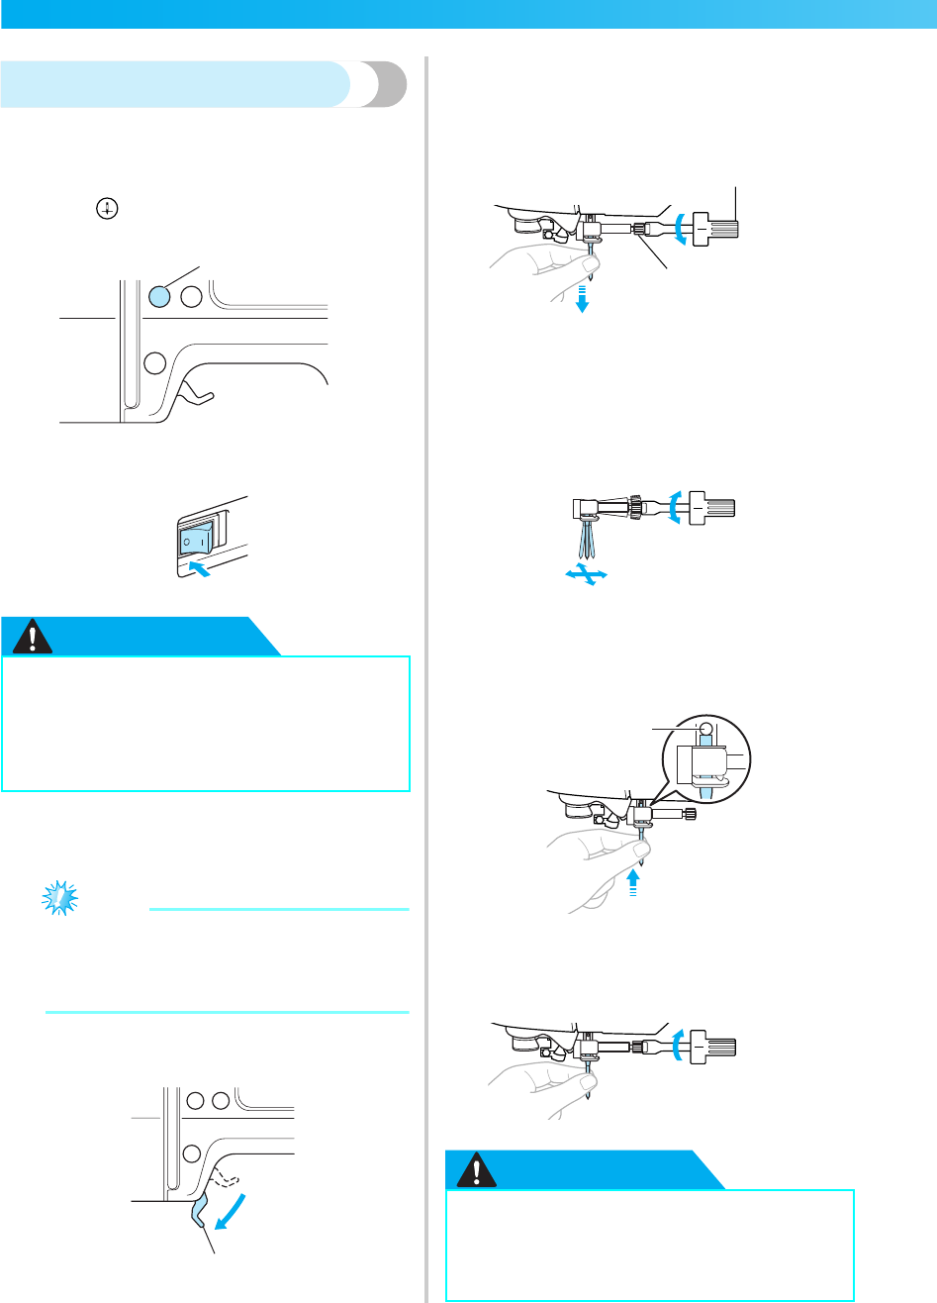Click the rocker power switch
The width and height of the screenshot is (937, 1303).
[x=192, y=541]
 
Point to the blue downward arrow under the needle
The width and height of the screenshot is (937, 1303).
[x=583, y=297]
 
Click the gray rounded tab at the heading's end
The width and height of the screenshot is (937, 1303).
[x=382, y=84]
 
